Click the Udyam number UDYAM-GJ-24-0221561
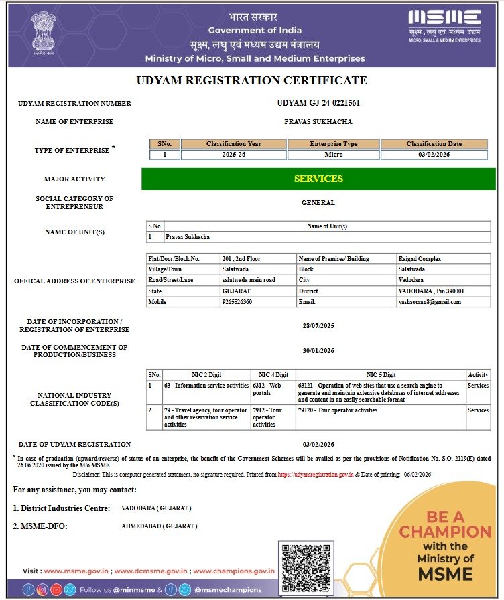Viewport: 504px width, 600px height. coord(318,103)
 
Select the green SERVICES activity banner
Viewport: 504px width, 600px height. coord(318,179)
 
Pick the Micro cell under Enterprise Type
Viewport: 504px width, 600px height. coord(334,155)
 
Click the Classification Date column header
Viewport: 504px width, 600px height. coord(434,144)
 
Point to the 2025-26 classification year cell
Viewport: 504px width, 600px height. coord(233,155)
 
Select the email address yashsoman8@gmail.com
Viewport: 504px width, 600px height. coord(429,302)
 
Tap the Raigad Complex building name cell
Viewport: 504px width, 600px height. coord(420,259)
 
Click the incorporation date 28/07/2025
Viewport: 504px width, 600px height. coord(318,326)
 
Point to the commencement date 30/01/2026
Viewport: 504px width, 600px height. coord(318,351)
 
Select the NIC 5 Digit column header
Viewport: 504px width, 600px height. coord(381,375)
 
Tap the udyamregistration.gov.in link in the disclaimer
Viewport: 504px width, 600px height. coord(316,474)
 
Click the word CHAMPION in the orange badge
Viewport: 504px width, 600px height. coord(445,532)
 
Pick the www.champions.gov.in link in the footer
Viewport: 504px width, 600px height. coord(234,571)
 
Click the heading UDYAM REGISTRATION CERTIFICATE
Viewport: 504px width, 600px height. coord(252,81)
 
